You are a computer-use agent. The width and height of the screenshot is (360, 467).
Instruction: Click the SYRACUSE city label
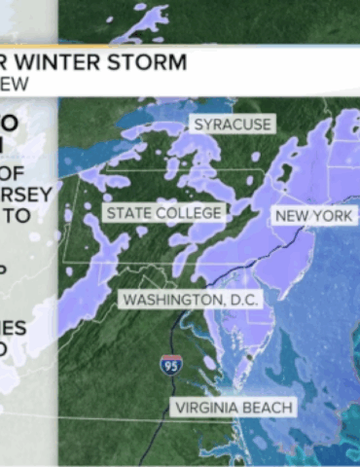point(232,125)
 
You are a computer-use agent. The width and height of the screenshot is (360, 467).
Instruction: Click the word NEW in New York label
point(294,216)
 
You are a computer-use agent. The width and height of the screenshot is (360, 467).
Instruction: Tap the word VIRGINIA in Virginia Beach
point(212,407)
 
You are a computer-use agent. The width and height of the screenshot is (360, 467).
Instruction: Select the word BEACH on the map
point(269,407)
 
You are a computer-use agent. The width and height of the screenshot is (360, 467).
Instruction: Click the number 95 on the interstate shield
point(171,369)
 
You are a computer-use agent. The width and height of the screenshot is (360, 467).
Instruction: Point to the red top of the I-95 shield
point(171,359)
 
